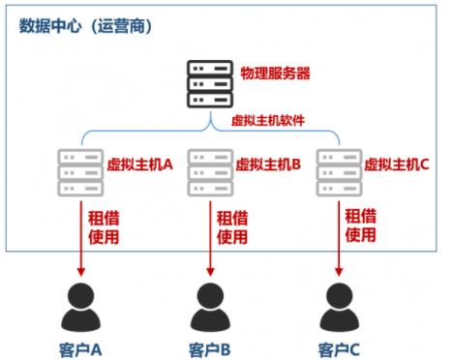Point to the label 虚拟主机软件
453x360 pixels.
point(268,122)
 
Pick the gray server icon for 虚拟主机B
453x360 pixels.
point(208,171)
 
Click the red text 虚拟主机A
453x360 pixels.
point(139,165)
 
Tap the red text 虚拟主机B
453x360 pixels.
point(269,165)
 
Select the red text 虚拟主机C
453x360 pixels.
point(397,165)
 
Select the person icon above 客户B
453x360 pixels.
point(208,308)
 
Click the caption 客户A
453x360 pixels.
point(80,347)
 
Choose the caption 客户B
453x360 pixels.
point(208,347)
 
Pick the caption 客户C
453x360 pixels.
point(339,347)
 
